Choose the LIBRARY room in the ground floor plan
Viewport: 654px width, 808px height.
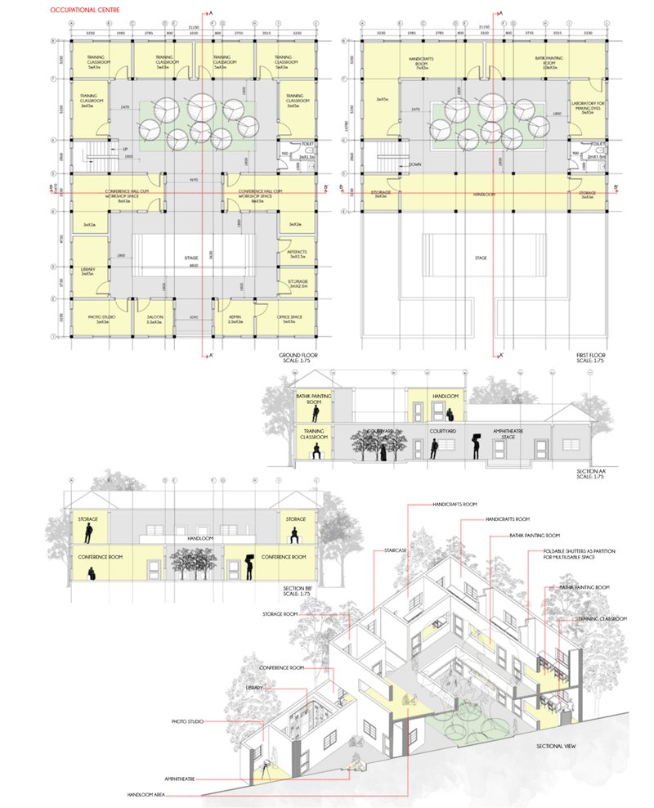pos(88,271)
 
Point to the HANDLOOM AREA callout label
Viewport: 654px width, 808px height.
pos(146,794)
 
